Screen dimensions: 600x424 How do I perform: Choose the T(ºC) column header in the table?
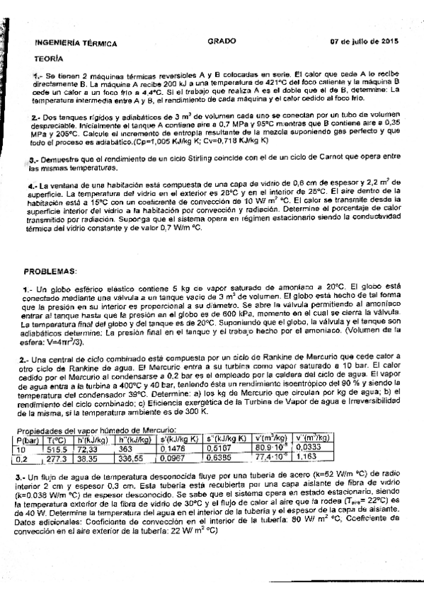(x=56, y=439)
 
